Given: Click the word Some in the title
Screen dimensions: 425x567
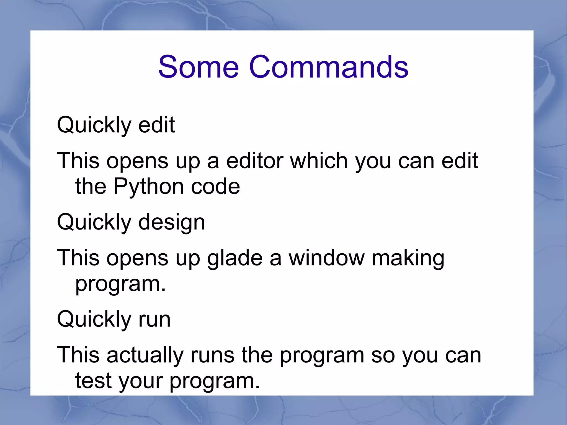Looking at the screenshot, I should pyautogui.click(x=198, y=67).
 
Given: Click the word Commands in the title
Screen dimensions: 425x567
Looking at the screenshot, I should pyautogui.click(x=329, y=67).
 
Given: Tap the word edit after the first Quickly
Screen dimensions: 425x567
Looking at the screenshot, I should pyautogui.click(x=156, y=125).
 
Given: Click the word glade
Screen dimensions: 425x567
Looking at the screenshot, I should pyautogui.click(x=235, y=258).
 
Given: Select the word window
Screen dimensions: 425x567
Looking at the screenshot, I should pyautogui.click(x=327, y=258).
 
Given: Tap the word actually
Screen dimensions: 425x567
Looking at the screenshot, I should pyautogui.click(x=145, y=356).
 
